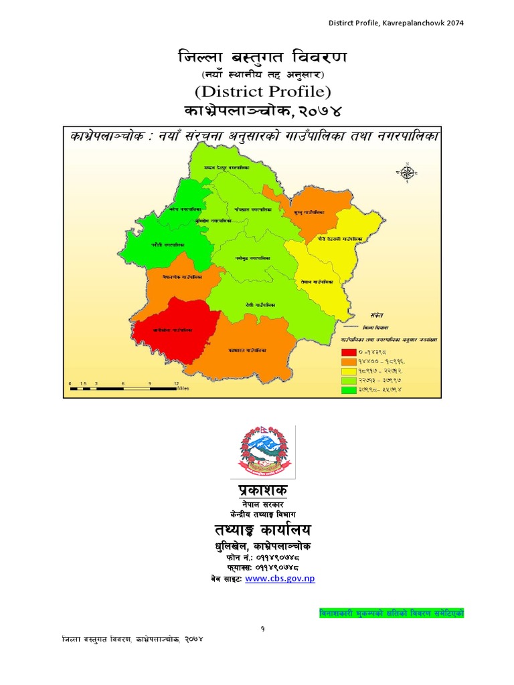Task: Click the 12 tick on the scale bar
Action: (176, 383)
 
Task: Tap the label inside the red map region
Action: (173, 330)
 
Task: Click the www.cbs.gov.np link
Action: (280, 579)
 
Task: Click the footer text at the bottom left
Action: (132, 640)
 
